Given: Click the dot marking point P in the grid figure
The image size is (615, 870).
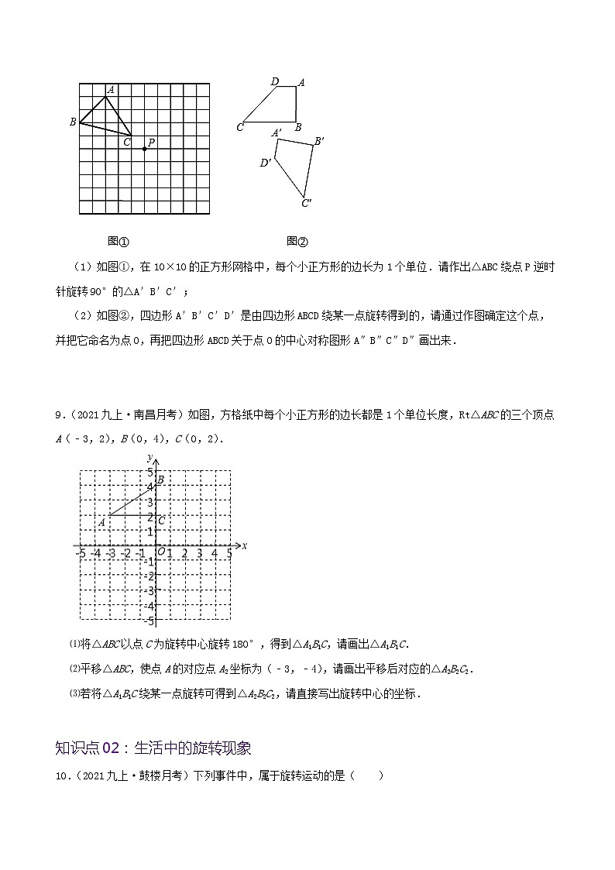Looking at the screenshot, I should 144,149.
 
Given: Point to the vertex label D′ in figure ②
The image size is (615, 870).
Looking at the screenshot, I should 266,163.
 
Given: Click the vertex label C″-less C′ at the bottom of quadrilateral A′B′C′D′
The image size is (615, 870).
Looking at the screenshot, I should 307,204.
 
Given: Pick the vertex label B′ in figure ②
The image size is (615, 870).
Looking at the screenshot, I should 318,141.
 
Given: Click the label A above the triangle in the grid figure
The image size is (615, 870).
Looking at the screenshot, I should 111,90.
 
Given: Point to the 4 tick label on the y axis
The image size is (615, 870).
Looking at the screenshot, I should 150,487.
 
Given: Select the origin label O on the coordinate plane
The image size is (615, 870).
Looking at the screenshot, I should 161,552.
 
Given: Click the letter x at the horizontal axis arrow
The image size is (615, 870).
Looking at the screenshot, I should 244,545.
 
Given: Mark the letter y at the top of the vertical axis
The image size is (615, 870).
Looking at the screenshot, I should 149,460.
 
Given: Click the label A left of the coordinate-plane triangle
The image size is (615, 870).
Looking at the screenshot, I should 102,522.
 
